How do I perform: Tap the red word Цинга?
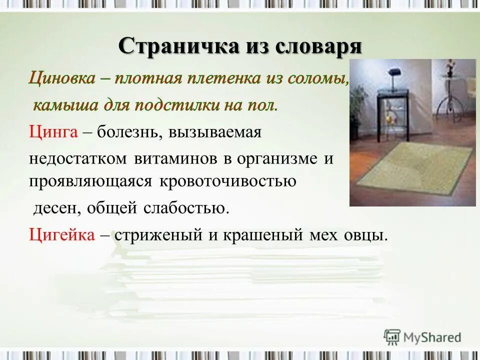click(x=53, y=132)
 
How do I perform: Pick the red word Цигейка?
click(x=61, y=234)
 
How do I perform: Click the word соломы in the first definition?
click(x=319, y=79)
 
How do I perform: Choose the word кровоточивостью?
click(x=228, y=181)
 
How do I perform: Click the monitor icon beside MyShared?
click(x=392, y=336)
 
